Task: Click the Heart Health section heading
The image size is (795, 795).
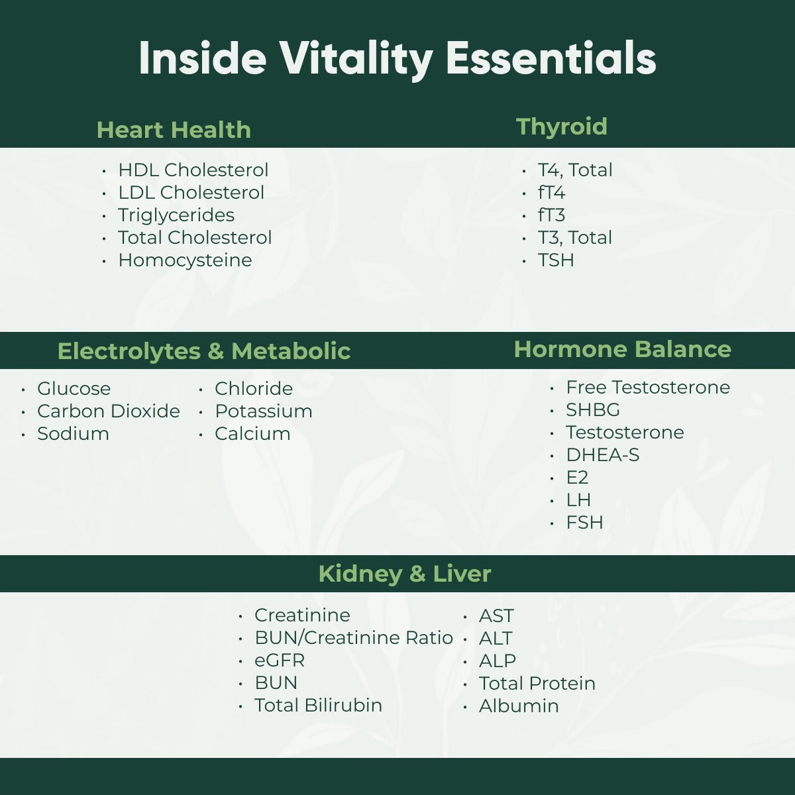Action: [174, 130]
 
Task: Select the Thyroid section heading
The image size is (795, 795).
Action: [562, 127]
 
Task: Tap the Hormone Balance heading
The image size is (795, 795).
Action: [623, 349]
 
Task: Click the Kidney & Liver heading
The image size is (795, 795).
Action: [405, 574]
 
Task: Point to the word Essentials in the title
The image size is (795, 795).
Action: [551, 58]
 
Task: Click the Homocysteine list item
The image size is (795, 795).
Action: [185, 261]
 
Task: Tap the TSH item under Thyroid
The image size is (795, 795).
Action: [556, 260]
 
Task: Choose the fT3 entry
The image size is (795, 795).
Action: [551, 215]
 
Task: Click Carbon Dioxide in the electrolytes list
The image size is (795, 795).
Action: [109, 411]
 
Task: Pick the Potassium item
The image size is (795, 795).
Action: [264, 411]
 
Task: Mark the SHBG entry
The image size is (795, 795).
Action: [593, 409]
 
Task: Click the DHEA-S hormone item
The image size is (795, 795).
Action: [603, 454]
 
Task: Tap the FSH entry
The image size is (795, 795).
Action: [584, 522]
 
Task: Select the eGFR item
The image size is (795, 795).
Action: [280, 660]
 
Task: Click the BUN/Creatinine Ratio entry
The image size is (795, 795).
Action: [354, 638]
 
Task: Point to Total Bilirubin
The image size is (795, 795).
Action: [319, 706]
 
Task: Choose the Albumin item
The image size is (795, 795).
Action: [519, 706]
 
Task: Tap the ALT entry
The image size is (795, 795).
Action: [496, 638]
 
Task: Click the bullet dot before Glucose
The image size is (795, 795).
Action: [23, 389]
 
